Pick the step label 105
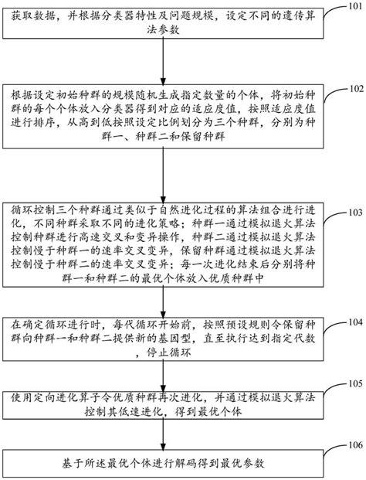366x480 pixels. pyautogui.click(x=349, y=384)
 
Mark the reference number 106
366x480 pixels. pyautogui.click(x=349, y=446)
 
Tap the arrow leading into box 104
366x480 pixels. pyautogui.click(x=164, y=300)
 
